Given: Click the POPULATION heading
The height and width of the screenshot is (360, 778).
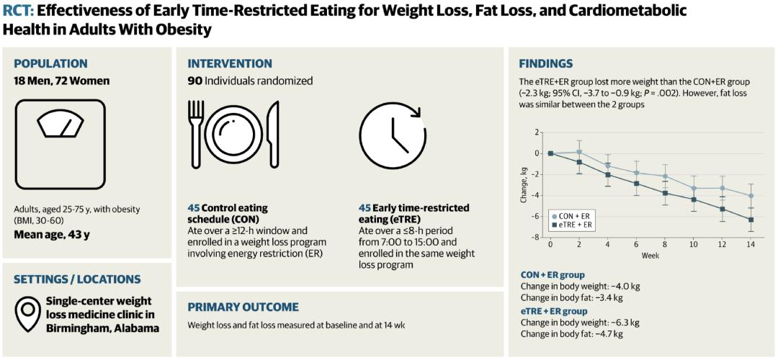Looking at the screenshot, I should pos(50,63).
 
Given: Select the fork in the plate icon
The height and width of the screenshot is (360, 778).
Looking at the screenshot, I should pos(197,134).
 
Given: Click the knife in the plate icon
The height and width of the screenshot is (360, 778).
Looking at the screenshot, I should pos(272,135).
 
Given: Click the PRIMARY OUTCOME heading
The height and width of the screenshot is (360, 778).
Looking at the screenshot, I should pos(243,307).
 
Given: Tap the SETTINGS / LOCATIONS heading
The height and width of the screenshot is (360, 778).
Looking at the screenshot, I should pos(78,279).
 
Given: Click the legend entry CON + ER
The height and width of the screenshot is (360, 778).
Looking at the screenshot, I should pos(573,216).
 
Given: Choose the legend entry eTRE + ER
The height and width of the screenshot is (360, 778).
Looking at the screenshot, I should pos(573,225).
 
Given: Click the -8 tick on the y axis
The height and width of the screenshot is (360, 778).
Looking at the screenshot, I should pos(536,238).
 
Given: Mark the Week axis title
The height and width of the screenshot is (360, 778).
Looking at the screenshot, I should pos(650,256).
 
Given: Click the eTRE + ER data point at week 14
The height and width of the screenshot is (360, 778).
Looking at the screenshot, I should pos(751,220).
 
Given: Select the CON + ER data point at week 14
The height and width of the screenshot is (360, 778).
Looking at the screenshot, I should pos(751,196).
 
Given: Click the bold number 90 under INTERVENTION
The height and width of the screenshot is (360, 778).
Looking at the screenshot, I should pos(194,81).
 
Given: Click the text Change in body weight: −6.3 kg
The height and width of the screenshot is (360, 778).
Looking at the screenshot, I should pos(579,323).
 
